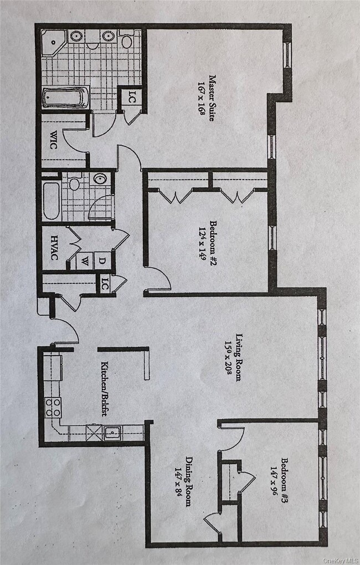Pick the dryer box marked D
pos(102,260)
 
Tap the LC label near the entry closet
pos(104,285)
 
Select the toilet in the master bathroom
pos(127,40)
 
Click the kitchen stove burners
pos(53,407)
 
